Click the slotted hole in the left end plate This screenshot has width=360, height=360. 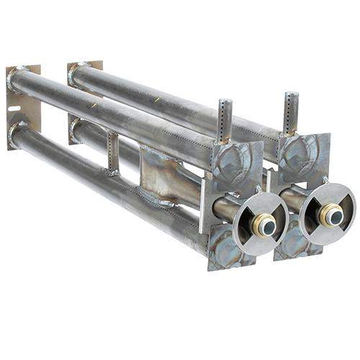(13, 112)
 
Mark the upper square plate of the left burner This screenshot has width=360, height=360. (236, 167)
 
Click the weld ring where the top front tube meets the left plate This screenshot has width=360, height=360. (16, 77)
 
